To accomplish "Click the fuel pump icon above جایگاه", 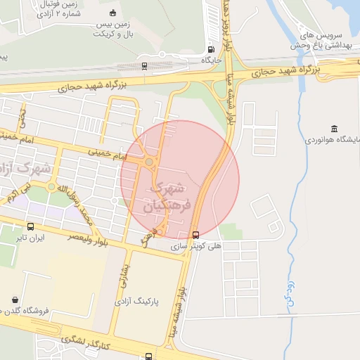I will point(212,49).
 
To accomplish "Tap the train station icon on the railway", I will point(144,65).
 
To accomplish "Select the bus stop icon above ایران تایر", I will point(30,226).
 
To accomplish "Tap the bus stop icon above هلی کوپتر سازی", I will point(195,235).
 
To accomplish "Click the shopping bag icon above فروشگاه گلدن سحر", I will point(15,299).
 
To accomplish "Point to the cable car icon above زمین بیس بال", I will point(113,13).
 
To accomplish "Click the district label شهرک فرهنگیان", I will point(167,197).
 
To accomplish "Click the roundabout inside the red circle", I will point(149,162).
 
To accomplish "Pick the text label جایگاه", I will point(212,61).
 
